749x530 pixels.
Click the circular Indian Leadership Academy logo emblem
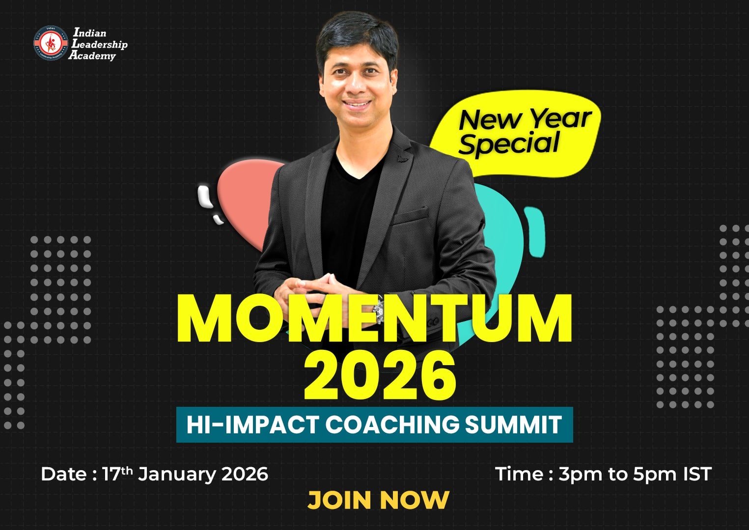click(x=51, y=43)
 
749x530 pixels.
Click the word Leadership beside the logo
click(x=100, y=44)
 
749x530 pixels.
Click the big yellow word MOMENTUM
click(x=374, y=320)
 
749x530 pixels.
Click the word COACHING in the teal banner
click(x=392, y=424)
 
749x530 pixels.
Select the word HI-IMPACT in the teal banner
click(x=252, y=424)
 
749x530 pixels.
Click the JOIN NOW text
click(x=378, y=500)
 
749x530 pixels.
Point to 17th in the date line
click(x=117, y=474)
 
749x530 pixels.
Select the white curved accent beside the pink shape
click(x=205, y=197)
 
